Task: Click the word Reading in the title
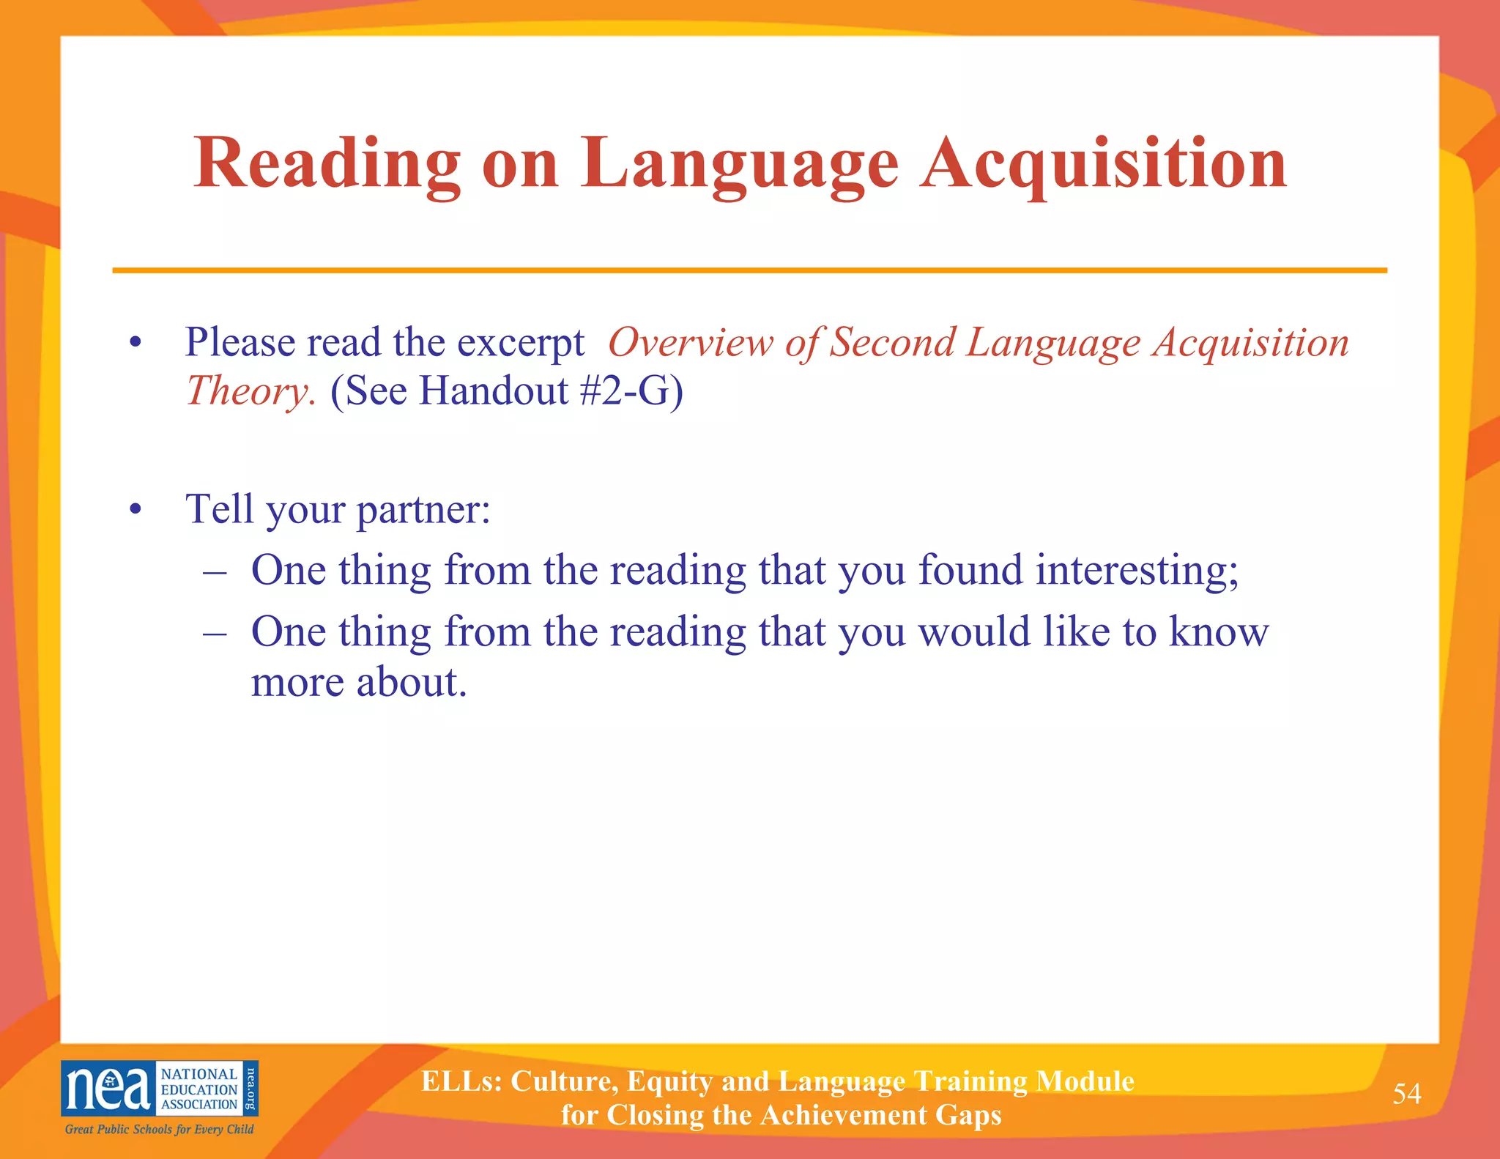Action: tap(327, 164)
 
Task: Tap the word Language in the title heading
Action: tap(740, 164)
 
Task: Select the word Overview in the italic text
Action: tap(690, 342)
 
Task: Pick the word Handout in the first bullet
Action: tap(494, 390)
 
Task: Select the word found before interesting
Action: tap(970, 570)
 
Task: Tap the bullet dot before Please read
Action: tap(134, 344)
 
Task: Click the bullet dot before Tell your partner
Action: tap(134, 510)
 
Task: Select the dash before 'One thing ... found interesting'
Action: tap(215, 571)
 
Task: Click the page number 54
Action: tap(1406, 1093)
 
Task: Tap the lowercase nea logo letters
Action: tap(108, 1089)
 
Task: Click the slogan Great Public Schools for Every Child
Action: tap(159, 1129)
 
